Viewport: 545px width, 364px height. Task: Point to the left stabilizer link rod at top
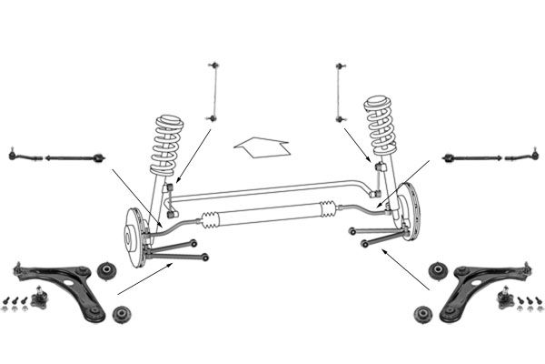click(x=215, y=91)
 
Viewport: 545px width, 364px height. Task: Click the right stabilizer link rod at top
click(x=340, y=91)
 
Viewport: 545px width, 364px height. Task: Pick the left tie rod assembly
click(x=55, y=157)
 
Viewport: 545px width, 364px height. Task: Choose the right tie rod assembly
click(x=490, y=157)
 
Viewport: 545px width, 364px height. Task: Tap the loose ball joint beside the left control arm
click(x=39, y=297)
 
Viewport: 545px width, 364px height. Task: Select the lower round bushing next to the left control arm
click(x=121, y=316)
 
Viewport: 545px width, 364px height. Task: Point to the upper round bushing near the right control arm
click(x=435, y=270)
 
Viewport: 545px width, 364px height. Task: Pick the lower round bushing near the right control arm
click(x=421, y=315)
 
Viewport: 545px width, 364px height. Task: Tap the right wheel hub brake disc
click(x=411, y=213)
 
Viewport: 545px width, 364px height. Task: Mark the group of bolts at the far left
click(x=14, y=303)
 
